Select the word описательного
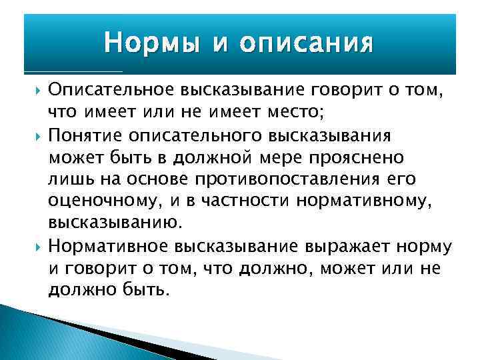pos(190,136)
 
